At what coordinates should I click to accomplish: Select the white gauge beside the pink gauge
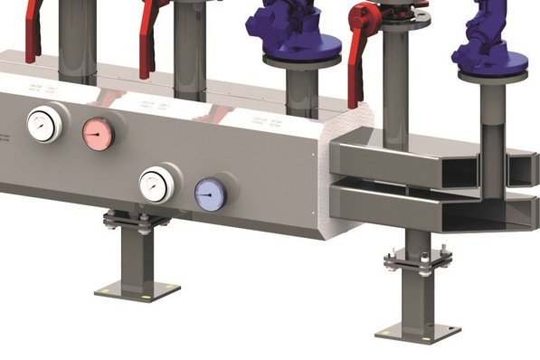coord(43,125)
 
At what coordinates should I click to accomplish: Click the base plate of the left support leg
coord(137,290)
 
